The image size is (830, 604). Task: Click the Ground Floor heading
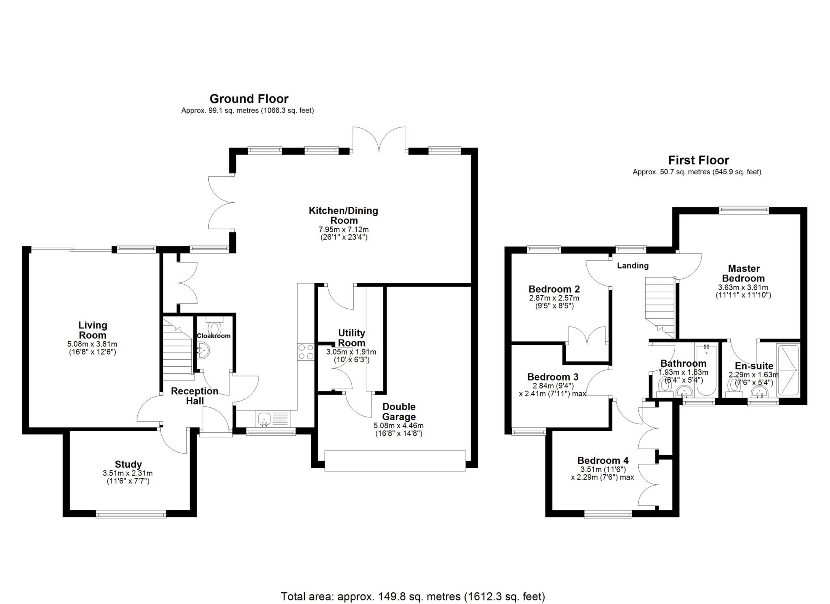(x=249, y=99)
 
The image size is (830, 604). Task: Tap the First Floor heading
(x=698, y=160)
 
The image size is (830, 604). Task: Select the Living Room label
(x=92, y=330)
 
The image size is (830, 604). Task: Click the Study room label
(x=128, y=464)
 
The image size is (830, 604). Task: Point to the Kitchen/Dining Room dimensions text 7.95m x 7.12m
(x=344, y=230)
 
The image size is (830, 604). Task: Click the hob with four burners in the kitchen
(x=306, y=352)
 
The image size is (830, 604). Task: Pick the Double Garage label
(x=399, y=412)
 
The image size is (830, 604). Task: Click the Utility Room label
(x=351, y=338)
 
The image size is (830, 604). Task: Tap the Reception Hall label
(x=195, y=396)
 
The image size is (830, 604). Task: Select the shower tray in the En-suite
(x=787, y=370)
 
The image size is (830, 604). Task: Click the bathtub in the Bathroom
(x=706, y=370)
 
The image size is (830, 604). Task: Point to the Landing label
(x=633, y=266)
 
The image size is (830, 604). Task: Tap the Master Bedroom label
(x=743, y=273)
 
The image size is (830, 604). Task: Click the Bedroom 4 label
(x=603, y=460)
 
